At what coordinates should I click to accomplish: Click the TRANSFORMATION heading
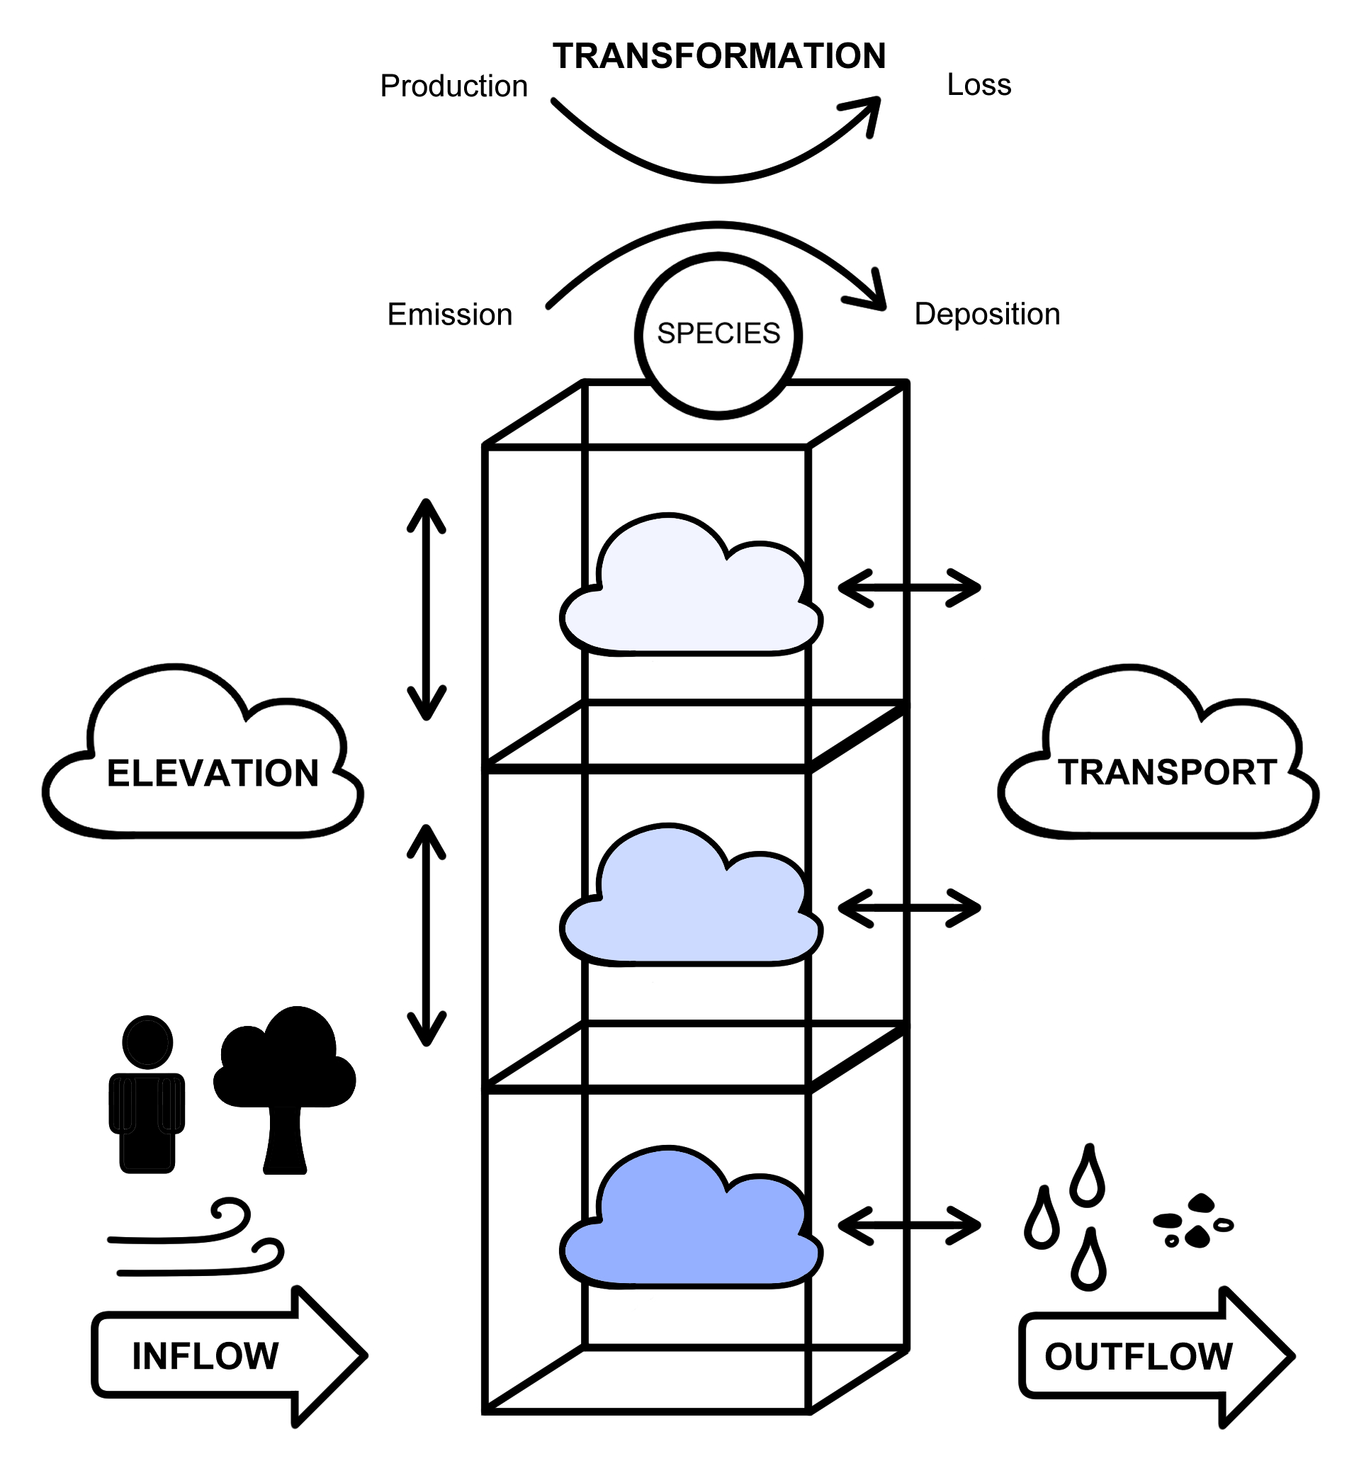tap(718, 57)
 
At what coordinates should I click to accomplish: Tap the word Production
tap(453, 86)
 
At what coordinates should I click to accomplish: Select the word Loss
tap(978, 84)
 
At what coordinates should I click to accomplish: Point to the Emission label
tap(449, 315)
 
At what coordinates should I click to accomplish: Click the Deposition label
tap(986, 314)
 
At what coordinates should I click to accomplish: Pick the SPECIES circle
tap(718, 334)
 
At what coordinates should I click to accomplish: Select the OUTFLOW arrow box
tap(1147, 1356)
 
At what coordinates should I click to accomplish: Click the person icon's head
tap(147, 1042)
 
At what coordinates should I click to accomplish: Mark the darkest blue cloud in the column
tap(690, 1224)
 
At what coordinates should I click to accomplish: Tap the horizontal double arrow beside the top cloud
tap(909, 587)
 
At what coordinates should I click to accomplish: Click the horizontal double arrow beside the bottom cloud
tap(909, 1225)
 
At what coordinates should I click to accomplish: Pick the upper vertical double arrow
tap(427, 609)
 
